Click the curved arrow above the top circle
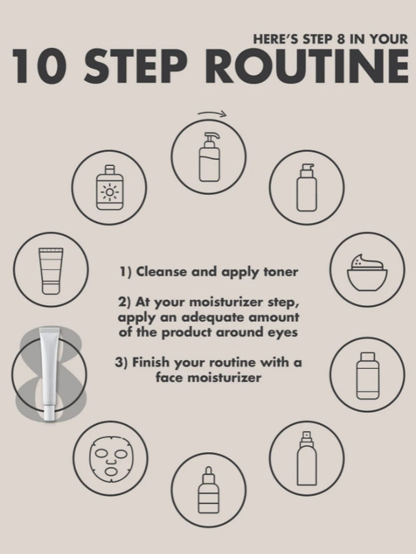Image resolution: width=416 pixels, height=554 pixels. [212, 113]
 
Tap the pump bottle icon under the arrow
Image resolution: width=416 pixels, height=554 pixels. [209, 157]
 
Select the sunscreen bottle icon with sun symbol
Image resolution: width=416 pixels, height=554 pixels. [109, 187]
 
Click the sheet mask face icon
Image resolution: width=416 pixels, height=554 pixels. [110, 458]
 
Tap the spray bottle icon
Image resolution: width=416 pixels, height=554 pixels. [307, 458]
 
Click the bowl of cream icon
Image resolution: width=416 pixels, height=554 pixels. [367, 271]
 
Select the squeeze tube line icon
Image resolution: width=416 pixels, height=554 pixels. [51, 271]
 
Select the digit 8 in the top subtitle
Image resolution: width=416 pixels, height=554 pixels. [341, 39]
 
